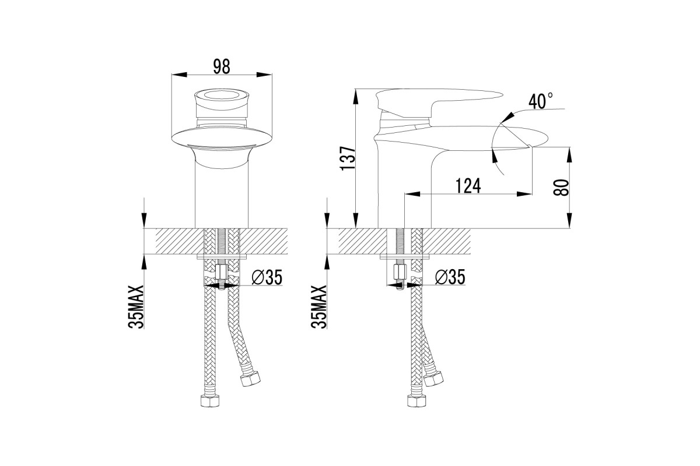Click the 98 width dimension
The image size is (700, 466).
(x=221, y=66)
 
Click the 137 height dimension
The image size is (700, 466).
(x=348, y=158)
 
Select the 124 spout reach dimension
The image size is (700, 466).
(x=468, y=186)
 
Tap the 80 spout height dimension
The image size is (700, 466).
(x=561, y=188)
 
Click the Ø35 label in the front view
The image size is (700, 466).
(x=267, y=277)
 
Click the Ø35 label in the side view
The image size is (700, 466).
(x=450, y=277)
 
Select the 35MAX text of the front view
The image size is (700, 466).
(x=136, y=306)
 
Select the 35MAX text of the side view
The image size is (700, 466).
(x=318, y=306)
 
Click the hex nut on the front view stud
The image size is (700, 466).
(x=221, y=271)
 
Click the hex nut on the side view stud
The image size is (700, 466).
(x=400, y=271)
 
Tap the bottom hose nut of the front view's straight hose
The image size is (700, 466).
(x=209, y=401)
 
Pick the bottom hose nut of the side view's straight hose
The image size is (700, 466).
(x=417, y=401)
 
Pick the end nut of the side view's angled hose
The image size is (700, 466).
(x=433, y=379)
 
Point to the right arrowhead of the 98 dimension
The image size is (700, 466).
(x=264, y=75)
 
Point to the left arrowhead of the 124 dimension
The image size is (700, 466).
(x=412, y=194)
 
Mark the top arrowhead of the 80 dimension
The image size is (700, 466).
(x=570, y=154)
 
